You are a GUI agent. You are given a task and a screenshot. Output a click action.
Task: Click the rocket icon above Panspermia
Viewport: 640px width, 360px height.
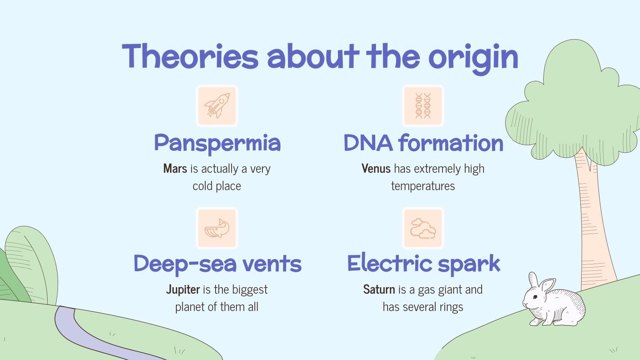[217, 106]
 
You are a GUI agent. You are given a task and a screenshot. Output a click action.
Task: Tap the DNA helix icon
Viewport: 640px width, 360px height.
[423, 106]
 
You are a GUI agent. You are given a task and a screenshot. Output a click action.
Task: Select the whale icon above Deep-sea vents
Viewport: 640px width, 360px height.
[217, 228]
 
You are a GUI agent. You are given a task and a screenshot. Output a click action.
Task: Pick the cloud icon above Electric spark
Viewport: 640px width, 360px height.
[423, 228]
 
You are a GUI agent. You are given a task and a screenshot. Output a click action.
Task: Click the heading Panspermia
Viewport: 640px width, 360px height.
[217, 143]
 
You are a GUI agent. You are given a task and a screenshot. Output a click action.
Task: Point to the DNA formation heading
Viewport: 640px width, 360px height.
[423, 143]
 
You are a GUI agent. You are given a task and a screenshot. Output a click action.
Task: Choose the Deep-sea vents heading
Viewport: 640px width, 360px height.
[217, 264]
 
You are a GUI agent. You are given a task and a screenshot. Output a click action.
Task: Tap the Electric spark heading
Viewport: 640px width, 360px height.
[423, 264]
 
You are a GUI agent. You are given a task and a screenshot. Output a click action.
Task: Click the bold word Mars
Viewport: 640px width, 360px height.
[175, 169]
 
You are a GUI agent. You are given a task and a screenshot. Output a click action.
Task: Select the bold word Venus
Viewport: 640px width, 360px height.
[376, 169]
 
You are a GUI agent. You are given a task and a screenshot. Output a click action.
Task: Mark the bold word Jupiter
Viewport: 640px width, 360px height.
[183, 290]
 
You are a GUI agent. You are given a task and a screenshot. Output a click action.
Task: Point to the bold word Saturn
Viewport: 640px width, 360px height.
[379, 290]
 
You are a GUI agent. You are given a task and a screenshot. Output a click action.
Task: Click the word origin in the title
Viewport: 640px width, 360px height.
[473, 57]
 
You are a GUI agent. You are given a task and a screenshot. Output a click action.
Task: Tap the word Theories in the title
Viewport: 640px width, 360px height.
[190, 56]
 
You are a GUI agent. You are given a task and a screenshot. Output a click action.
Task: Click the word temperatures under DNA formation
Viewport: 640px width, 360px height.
[423, 186]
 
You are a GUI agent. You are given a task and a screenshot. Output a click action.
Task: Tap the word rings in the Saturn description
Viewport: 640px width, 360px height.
[451, 307]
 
